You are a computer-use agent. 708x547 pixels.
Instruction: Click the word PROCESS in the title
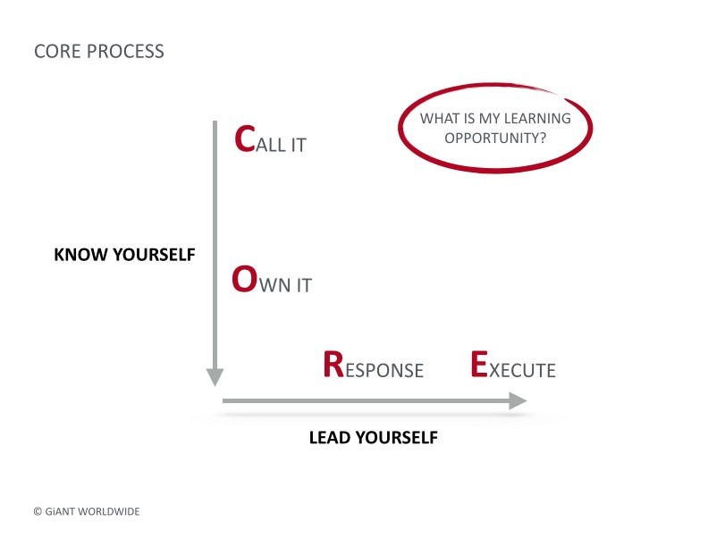pyautogui.click(x=125, y=52)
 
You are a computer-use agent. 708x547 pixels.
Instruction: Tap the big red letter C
pyautogui.click(x=245, y=139)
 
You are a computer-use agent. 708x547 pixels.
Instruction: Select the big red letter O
pyautogui.click(x=245, y=279)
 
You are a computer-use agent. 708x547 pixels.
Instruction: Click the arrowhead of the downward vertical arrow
pyautogui.click(x=215, y=377)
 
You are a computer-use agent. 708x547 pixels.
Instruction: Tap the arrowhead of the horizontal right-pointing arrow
pyautogui.click(x=518, y=400)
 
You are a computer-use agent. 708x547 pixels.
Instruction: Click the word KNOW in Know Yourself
pyautogui.click(x=80, y=255)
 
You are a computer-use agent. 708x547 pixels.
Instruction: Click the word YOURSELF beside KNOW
pyautogui.click(x=154, y=255)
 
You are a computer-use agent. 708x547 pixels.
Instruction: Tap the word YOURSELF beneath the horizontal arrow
pyautogui.click(x=396, y=437)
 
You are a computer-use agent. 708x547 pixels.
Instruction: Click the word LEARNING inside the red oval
pyautogui.click(x=537, y=118)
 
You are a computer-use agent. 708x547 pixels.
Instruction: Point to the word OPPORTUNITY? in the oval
pyautogui.click(x=495, y=139)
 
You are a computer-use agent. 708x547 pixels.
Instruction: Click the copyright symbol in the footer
pyautogui.click(x=38, y=511)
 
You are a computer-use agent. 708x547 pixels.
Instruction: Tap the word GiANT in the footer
pyautogui.click(x=60, y=511)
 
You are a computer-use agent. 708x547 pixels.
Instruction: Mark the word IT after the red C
pyautogui.click(x=299, y=146)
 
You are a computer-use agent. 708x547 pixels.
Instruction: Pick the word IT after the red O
pyautogui.click(x=304, y=285)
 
